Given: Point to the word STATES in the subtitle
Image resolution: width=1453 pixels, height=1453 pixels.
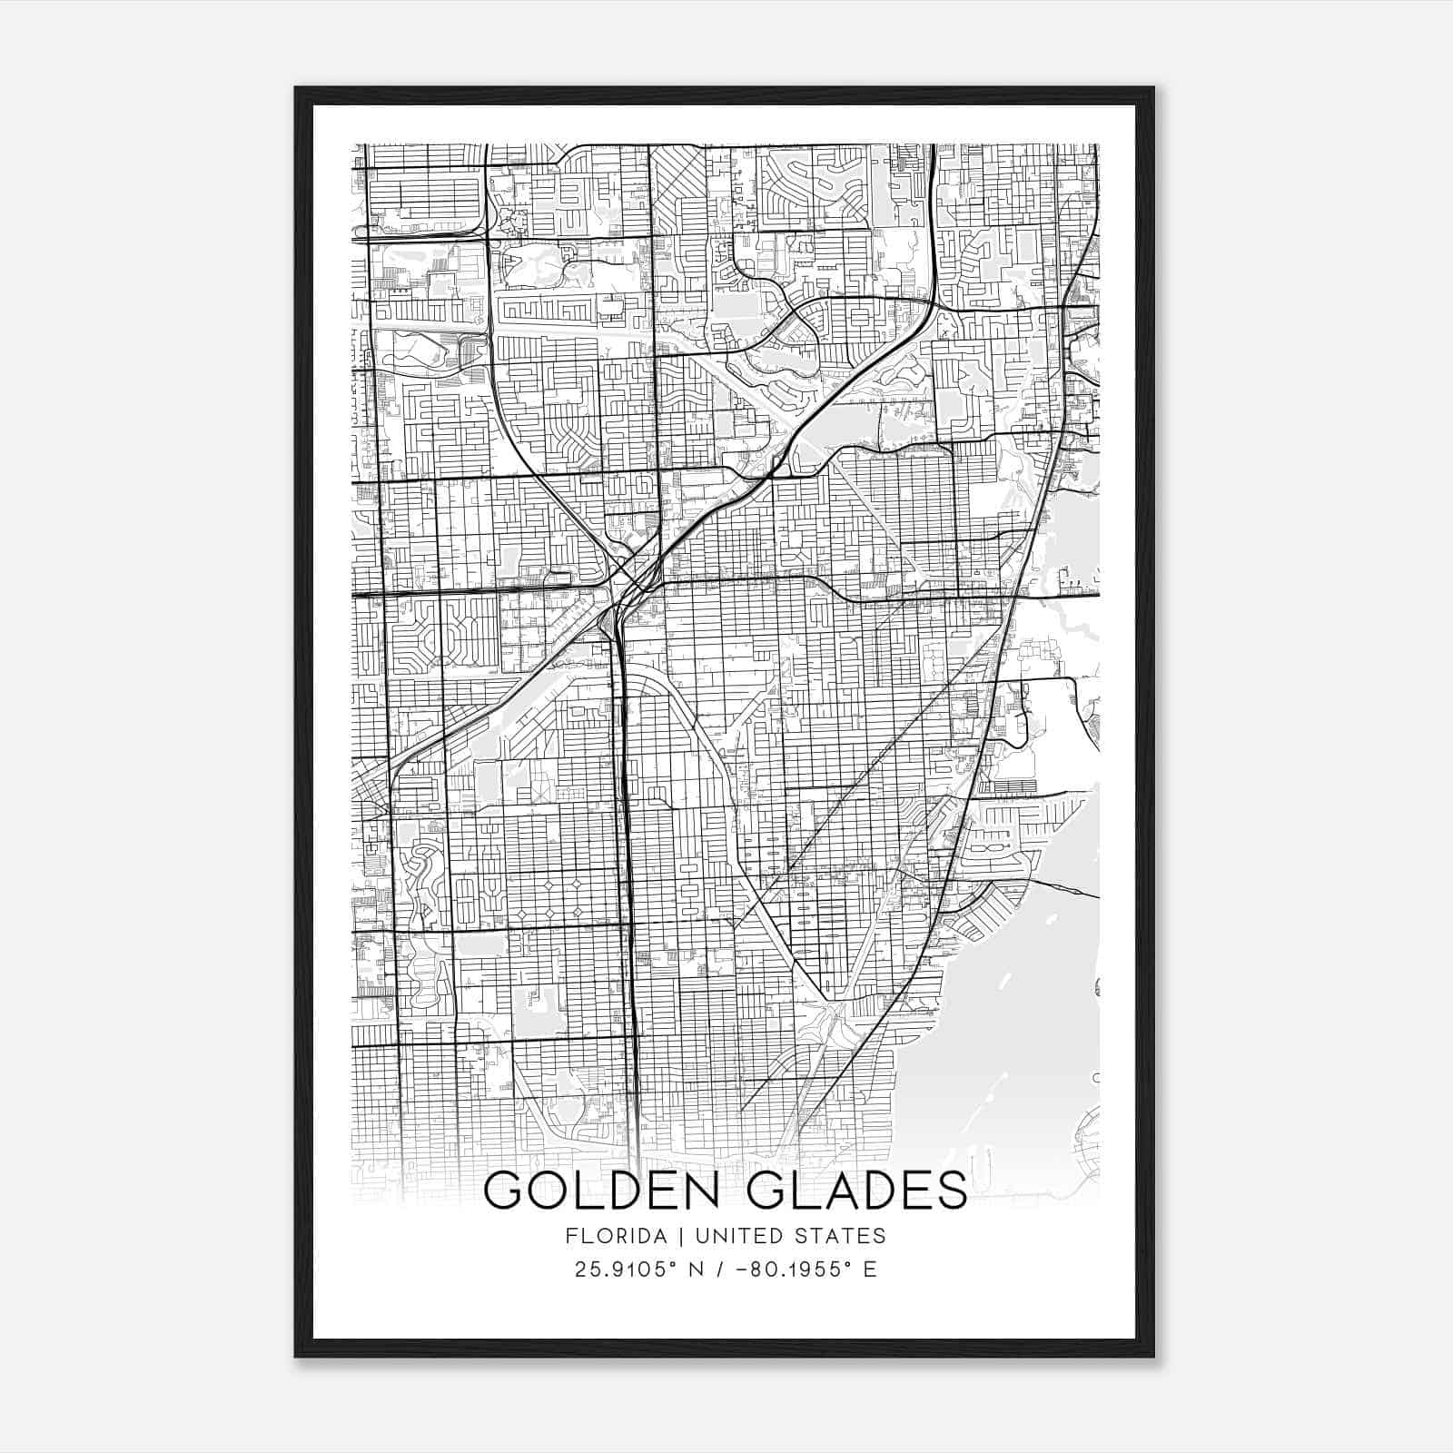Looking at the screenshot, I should point(840,1236).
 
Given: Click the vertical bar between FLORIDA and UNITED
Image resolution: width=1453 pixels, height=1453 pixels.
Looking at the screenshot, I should point(669,1236).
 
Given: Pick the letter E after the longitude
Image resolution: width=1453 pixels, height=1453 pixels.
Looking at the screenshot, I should point(870,1270).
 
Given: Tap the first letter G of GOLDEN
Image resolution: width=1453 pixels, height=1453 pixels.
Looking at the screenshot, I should point(505,1190).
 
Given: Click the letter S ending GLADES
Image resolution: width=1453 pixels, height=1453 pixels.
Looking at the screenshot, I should point(950,1190).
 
